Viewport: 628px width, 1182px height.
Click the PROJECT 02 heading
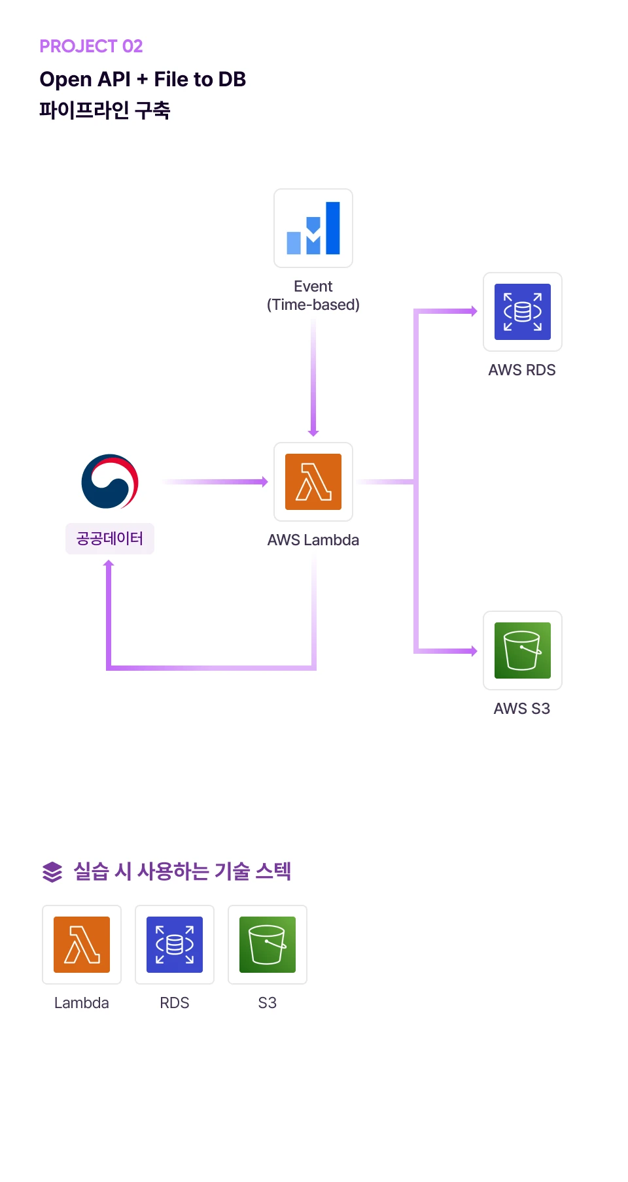point(91,46)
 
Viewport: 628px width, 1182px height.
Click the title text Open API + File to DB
point(143,79)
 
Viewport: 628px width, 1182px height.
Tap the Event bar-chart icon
point(313,228)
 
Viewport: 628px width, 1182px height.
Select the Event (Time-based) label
point(313,295)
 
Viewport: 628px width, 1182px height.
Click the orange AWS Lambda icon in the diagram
point(313,482)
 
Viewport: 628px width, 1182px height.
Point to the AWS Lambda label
point(313,540)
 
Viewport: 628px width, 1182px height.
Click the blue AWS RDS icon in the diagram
point(523,312)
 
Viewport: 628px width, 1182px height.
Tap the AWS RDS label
point(522,370)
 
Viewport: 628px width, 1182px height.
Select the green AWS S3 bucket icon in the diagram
point(523,650)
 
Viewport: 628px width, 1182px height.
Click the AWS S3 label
point(522,709)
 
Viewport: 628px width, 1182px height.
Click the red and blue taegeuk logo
point(110,482)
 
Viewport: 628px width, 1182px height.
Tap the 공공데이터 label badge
point(110,539)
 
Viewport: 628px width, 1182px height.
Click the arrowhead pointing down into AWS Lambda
point(313,432)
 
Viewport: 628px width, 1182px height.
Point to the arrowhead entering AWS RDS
point(473,311)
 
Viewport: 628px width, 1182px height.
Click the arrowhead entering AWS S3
point(473,650)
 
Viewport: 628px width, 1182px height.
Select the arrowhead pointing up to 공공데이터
point(109,564)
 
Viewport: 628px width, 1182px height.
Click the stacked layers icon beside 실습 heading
point(52,871)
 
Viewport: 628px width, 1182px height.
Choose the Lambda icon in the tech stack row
point(82,945)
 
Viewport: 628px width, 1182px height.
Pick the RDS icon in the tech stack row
point(175,945)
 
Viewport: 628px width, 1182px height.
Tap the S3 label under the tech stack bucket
point(268,1003)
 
